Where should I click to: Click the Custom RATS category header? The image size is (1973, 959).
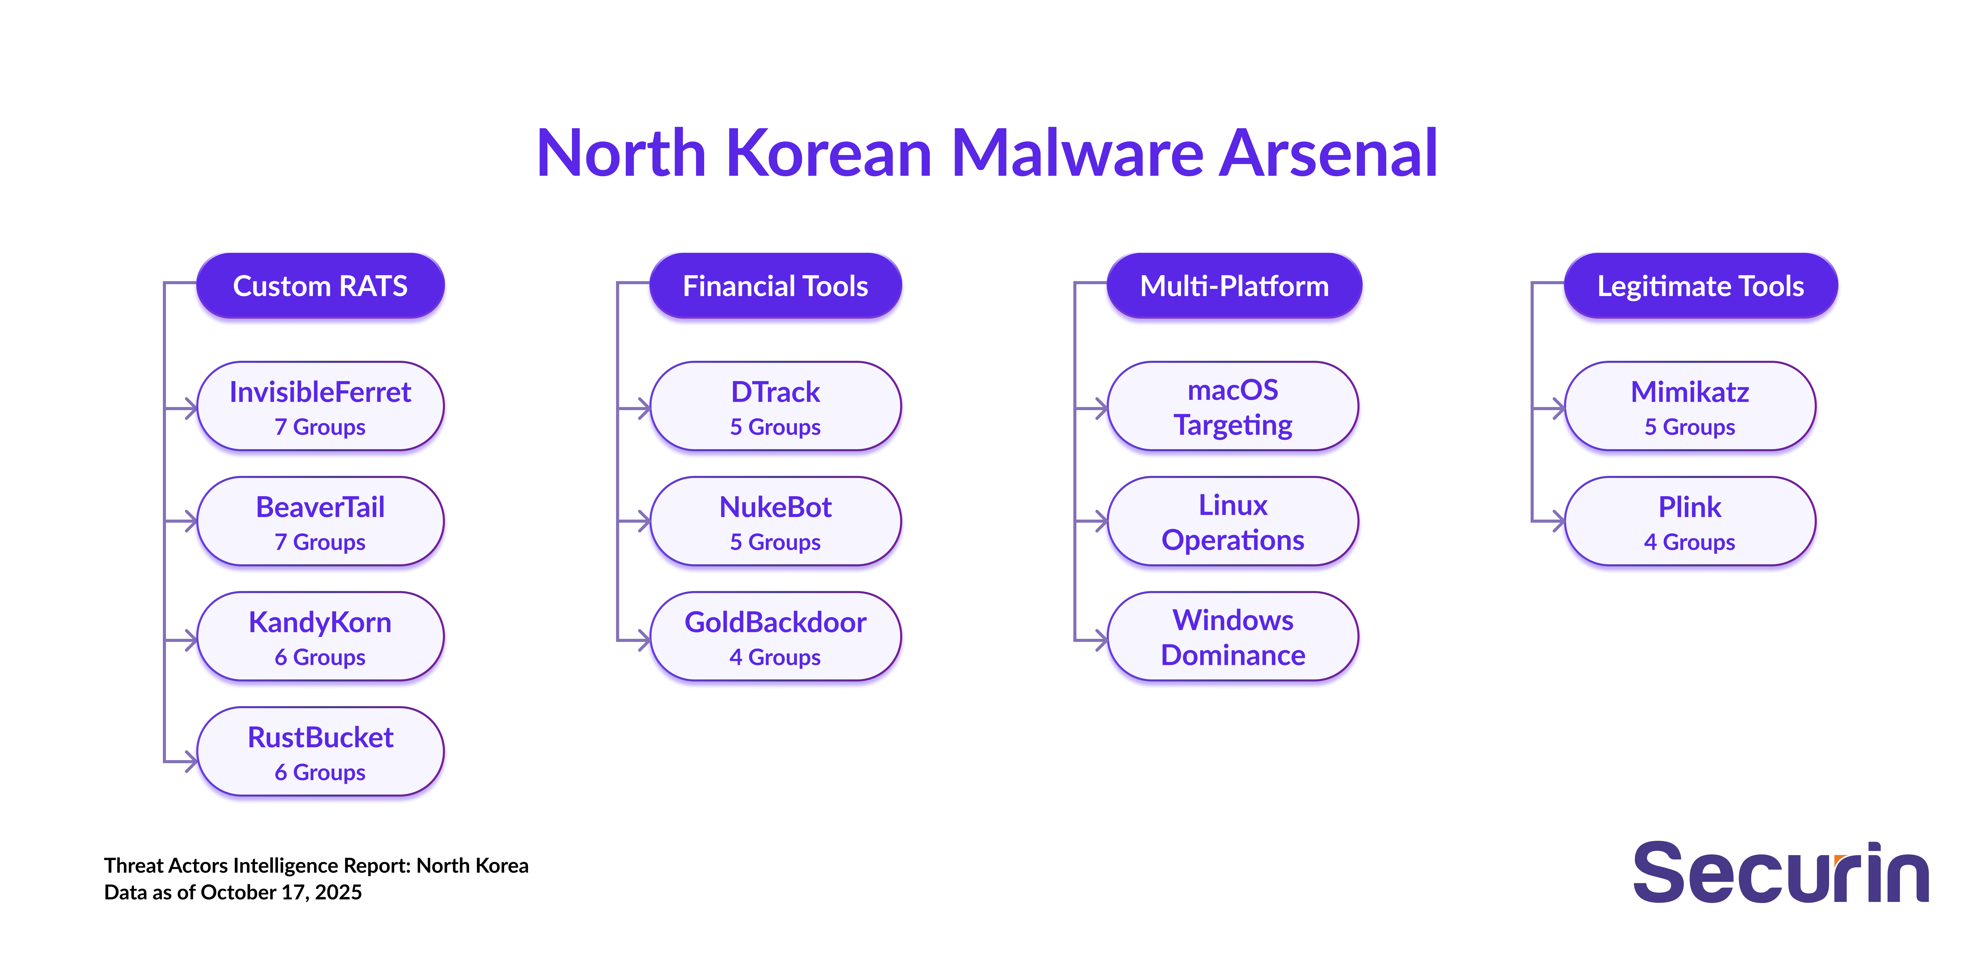pyautogui.click(x=320, y=286)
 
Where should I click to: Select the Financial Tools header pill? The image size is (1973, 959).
pyautogui.click(x=775, y=286)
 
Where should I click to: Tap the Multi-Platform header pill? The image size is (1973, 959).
pyautogui.click(x=1234, y=286)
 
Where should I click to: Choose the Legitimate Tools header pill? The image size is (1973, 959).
pyautogui.click(x=1700, y=286)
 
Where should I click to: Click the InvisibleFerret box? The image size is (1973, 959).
pyautogui.click(x=320, y=406)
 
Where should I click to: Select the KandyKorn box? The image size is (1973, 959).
pyautogui.click(x=320, y=637)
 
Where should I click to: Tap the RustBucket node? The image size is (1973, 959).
pyautogui.click(x=320, y=751)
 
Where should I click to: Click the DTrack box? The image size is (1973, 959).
pyautogui.click(x=775, y=406)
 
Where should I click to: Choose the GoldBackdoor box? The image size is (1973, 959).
pyautogui.click(x=775, y=637)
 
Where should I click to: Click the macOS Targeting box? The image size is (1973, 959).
pyautogui.click(x=1233, y=406)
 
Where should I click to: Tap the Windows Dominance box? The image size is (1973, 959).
pyautogui.click(x=1233, y=637)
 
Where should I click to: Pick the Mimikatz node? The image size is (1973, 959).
pyautogui.click(x=1690, y=406)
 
